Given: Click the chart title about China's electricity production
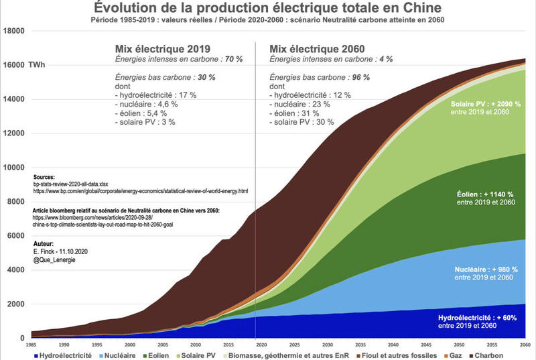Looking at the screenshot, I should click(267, 9).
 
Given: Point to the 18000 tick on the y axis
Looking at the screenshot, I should click(15, 31).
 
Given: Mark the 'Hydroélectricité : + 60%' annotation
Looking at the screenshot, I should click(477, 317).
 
